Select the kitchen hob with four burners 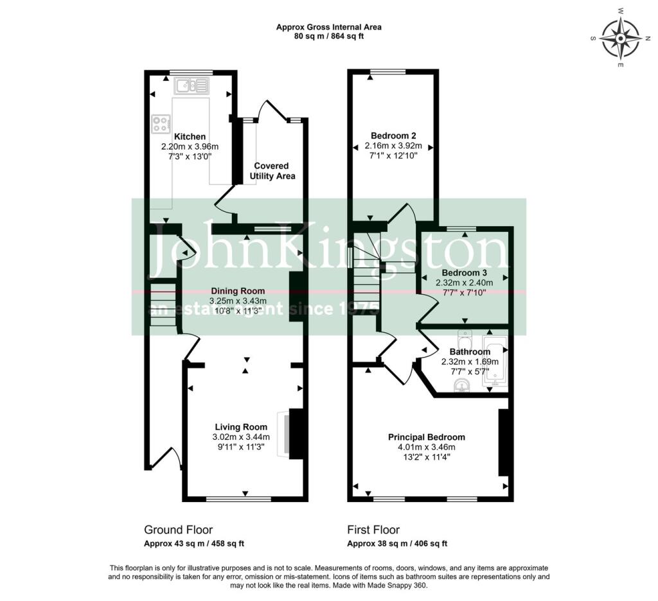[161, 123]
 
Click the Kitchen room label [190, 137]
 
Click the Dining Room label [237, 291]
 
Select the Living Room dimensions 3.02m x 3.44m [241, 437]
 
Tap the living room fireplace [283, 434]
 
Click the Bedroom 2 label [393, 135]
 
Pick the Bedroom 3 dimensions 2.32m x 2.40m [464, 283]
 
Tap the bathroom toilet [466, 338]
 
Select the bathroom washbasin [461, 385]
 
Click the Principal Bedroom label [426, 437]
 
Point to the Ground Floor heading [178, 530]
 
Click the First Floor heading [373, 530]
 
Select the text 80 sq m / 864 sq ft [328, 37]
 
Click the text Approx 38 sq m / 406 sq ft [397, 544]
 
